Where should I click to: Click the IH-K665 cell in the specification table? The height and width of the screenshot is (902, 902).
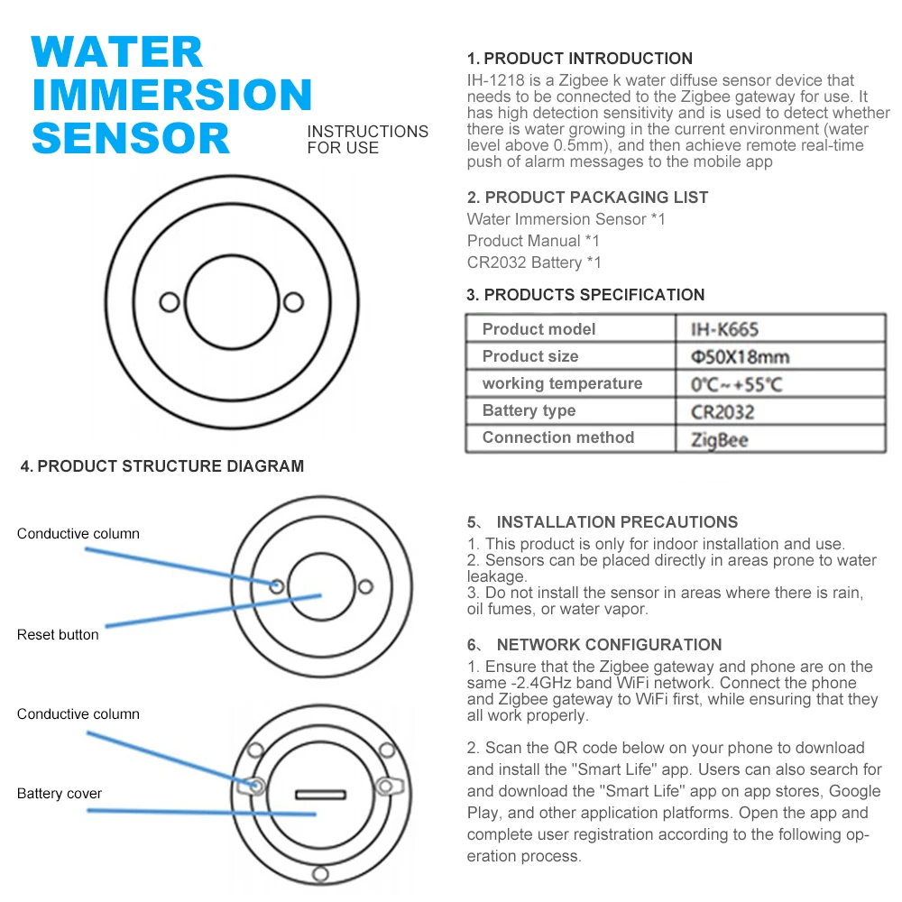click(724, 329)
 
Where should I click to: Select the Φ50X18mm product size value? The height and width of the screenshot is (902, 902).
click(740, 356)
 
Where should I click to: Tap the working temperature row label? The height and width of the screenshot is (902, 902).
click(562, 383)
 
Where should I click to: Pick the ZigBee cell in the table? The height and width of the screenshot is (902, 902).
click(719, 440)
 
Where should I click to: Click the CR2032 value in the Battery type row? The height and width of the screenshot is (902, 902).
click(723, 412)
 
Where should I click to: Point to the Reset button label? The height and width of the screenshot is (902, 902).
click(58, 634)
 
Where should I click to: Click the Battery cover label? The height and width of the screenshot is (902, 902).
click(60, 793)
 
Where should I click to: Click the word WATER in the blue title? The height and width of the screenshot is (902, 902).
click(116, 52)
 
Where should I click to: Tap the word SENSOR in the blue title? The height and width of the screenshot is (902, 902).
click(131, 138)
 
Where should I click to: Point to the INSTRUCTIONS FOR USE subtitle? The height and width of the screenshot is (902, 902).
click(368, 140)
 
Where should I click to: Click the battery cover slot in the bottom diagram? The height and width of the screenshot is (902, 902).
click(320, 795)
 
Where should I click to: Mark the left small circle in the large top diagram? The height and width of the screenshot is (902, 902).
click(170, 302)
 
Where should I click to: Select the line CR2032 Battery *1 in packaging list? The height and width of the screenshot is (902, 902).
click(534, 262)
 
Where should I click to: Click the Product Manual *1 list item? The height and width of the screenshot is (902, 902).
click(533, 241)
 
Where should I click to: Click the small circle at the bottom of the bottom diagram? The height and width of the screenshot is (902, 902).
click(320, 874)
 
